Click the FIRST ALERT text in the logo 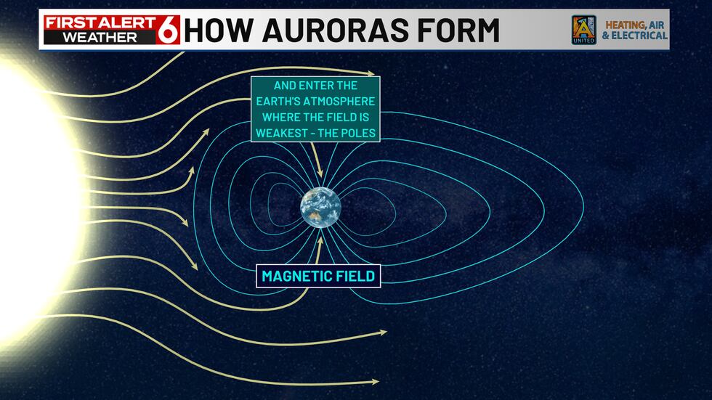point(101,22)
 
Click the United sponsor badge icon point(583,30)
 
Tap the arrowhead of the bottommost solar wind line point(376,381)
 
